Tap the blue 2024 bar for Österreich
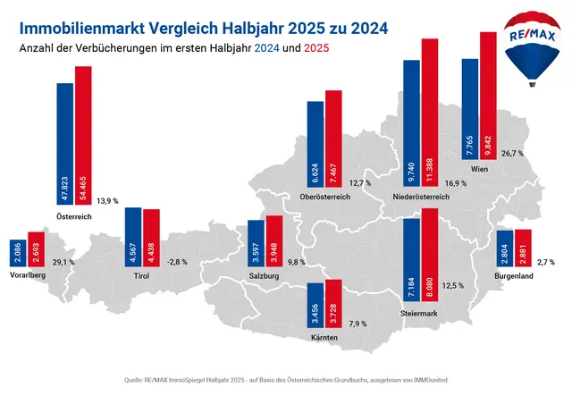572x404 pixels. [x=64, y=144]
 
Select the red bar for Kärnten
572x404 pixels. [x=332, y=303]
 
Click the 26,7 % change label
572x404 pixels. [x=512, y=153]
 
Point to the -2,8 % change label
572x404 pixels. [x=178, y=262]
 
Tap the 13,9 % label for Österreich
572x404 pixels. [x=107, y=200]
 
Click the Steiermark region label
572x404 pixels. [x=421, y=314]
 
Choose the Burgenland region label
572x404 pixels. [x=514, y=277]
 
